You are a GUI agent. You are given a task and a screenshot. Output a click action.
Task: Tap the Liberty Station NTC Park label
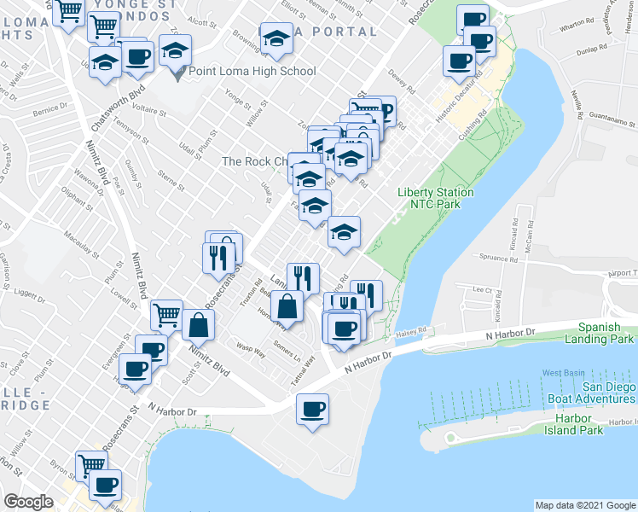click(435, 198)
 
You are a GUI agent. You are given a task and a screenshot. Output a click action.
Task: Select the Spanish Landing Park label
click(605, 332)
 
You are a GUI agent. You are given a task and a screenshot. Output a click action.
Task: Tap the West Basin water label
click(562, 373)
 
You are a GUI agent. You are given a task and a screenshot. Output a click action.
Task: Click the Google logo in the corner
click(28, 502)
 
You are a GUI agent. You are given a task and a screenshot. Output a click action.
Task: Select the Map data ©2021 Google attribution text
click(584, 505)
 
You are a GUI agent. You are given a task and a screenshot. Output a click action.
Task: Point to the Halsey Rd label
click(410, 334)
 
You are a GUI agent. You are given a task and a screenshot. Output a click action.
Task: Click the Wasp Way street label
click(250, 346)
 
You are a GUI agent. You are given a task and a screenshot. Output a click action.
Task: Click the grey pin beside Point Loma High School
click(178, 73)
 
